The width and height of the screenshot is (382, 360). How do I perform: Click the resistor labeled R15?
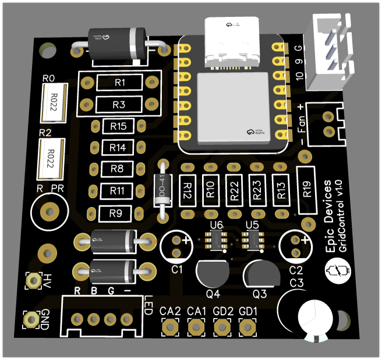click(x=118, y=126)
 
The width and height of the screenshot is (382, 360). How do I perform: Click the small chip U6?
click(x=216, y=239)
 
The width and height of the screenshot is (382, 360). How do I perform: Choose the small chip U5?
click(x=253, y=238)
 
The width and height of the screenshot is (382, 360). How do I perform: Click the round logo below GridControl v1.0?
click(x=336, y=270)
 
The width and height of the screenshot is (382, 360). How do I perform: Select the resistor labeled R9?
click(x=115, y=213)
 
